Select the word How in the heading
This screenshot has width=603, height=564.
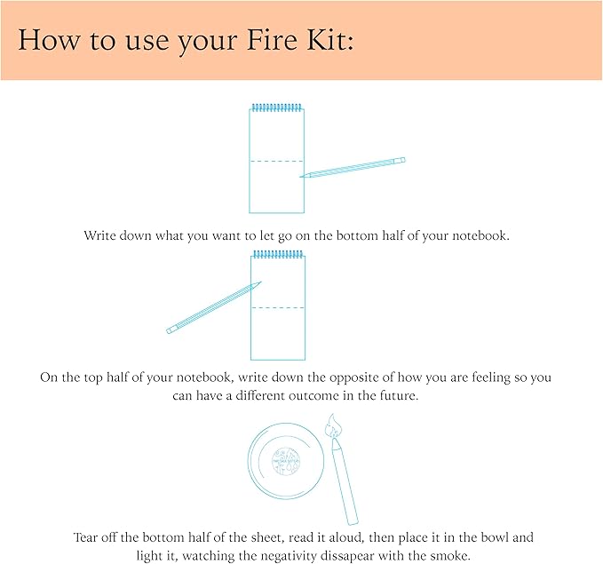[x=45, y=41]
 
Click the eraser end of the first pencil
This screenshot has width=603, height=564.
[x=401, y=160]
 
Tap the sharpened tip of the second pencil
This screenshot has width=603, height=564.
[x=259, y=284]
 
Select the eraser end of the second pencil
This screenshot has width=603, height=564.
[x=171, y=330]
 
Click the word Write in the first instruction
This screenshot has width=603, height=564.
[x=101, y=236]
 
